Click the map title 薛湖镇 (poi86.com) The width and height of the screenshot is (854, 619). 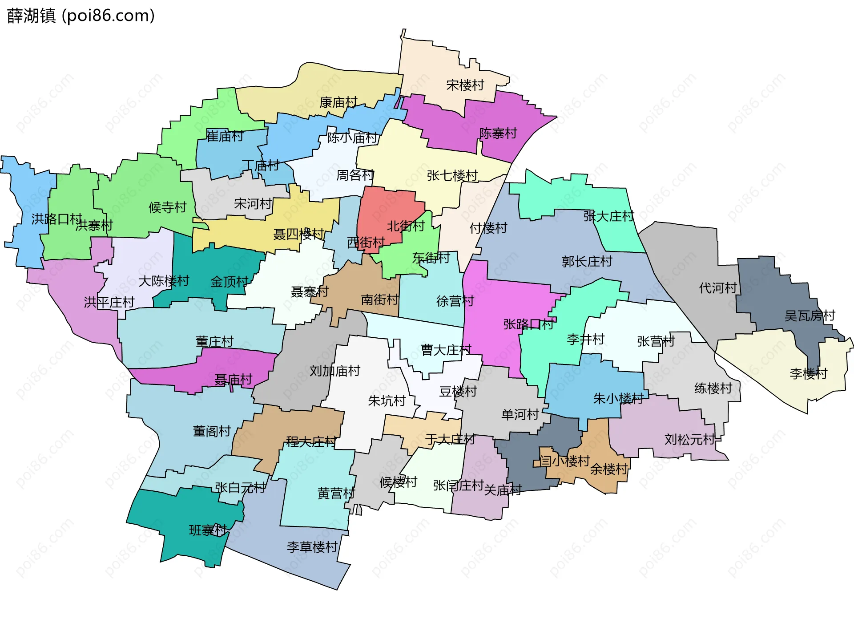81,16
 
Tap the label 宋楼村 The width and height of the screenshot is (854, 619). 465,85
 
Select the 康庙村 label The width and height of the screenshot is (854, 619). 338,103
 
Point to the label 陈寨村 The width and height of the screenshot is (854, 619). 498,133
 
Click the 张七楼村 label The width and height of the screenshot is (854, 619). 452,175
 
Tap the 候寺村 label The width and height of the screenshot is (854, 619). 167,207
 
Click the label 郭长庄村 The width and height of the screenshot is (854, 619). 587,261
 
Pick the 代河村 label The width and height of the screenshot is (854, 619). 718,288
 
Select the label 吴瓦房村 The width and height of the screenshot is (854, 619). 810,316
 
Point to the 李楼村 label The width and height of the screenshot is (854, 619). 808,373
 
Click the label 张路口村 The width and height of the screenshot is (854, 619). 528,324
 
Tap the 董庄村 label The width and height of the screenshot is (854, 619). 214,341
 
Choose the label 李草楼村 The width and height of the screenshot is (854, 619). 312,547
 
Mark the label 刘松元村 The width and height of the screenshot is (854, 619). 689,440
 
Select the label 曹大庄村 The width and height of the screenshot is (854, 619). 446,350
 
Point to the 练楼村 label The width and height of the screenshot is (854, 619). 713,388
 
